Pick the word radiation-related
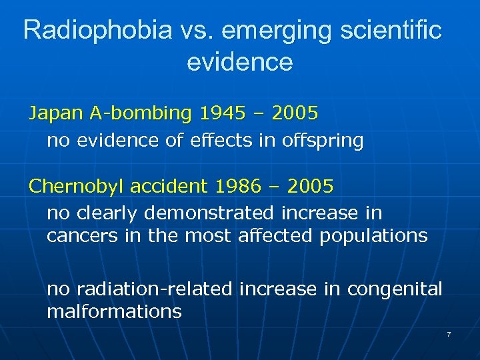[155, 289]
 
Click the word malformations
[114, 311]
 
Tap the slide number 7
[449, 333]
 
